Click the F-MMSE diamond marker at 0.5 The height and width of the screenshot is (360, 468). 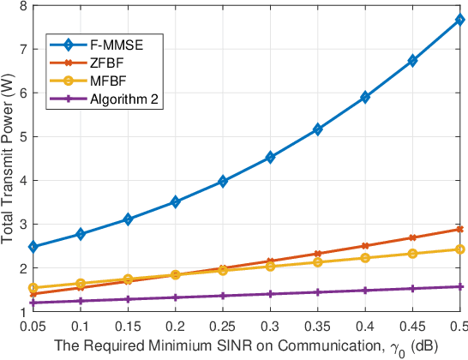coord(460,19)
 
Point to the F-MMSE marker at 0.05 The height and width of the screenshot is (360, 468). coord(33,247)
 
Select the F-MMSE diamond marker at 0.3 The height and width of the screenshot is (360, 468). coord(270,157)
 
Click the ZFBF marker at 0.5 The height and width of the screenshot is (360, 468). coord(460,229)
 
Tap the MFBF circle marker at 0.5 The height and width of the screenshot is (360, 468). coord(460,249)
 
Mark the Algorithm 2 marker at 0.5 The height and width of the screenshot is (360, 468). coord(460,286)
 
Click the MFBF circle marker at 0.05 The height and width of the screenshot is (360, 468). coord(33,288)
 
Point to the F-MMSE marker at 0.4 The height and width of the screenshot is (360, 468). coord(365,97)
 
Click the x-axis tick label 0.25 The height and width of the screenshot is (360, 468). coord(223,327)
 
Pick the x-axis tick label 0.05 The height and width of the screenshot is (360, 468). coord(33,327)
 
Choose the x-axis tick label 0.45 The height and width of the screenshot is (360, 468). coord(412,327)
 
